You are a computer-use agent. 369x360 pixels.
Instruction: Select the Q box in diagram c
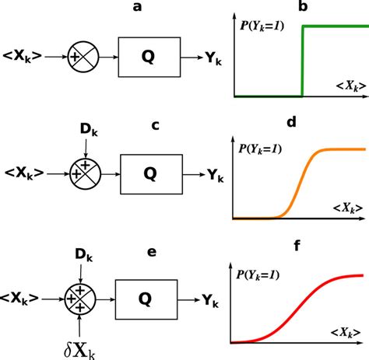[152, 174]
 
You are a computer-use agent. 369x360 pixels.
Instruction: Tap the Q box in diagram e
[146, 299]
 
